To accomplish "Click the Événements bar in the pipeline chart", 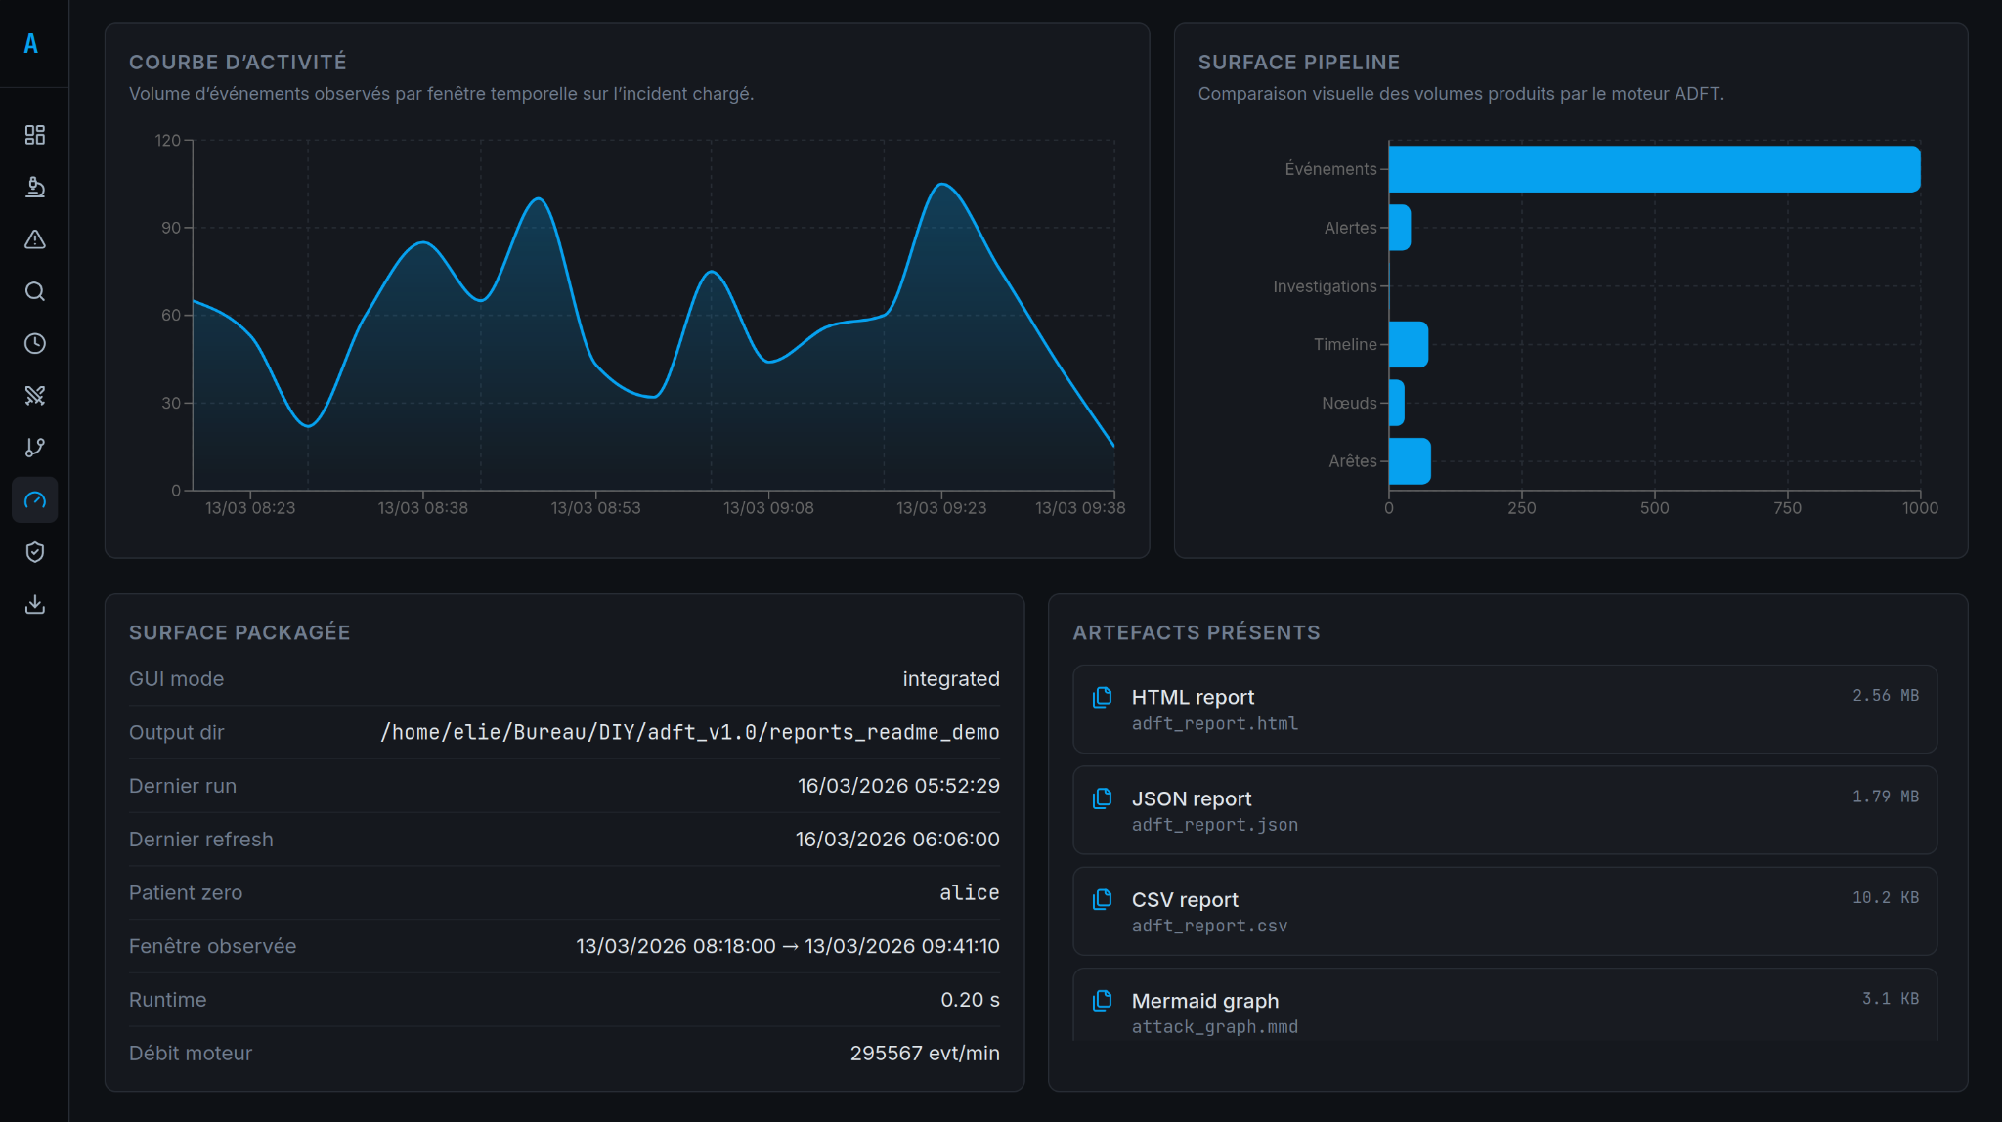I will pyautogui.click(x=1654, y=169).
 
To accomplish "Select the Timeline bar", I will pyautogui.click(x=1408, y=344).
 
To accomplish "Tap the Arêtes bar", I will pyautogui.click(x=1409, y=461).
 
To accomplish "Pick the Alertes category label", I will pyautogui.click(x=1350, y=228).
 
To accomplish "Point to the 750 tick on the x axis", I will pyautogui.click(x=1787, y=508).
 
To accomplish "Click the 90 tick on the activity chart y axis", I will pyautogui.click(x=171, y=228).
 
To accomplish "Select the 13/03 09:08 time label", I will pyautogui.click(x=768, y=508).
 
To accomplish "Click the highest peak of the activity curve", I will pyautogui.click(x=941, y=184).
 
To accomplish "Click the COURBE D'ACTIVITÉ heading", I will pyautogui.click(x=238, y=63).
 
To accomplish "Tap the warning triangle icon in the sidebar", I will pyautogui.click(x=35, y=239).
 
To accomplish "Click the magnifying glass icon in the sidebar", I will pyautogui.click(x=35, y=291).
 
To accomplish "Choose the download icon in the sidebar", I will pyautogui.click(x=35, y=604).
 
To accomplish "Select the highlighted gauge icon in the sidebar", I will pyautogui.click(x=35, y=500).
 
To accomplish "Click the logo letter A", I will pyautogui.click(x=31, y=44).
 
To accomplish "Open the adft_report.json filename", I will pyautogui.click(x=1214, y=825).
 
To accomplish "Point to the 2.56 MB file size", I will pyautogui.click(x=1885, y=696).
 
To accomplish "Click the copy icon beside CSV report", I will pyautogui.click(x=1102, y=899).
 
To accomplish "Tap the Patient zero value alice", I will pyautogui.click(x=969, y=893).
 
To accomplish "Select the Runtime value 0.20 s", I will pyautogui.click(x=969, y=1000).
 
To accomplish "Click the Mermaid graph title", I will pyautogui.click(x=1204, y=1001).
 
